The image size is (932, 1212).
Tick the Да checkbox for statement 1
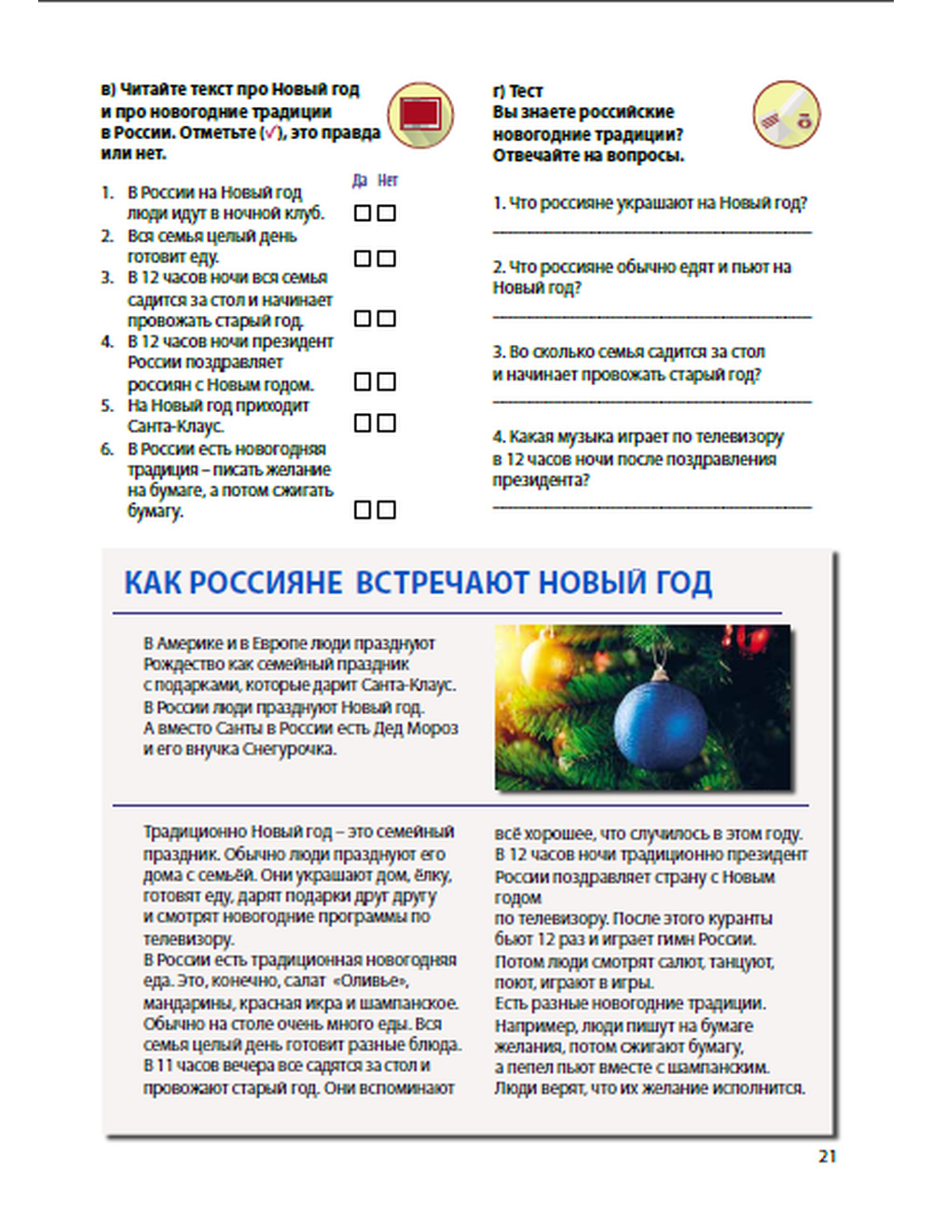pos(363,213)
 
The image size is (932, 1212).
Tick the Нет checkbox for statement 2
pos(387,258)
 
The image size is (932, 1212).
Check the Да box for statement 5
pos(363,423)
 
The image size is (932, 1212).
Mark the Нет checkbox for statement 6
pos(387,510)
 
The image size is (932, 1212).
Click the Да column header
pos(361,181)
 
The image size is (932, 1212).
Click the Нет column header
pos(388,181)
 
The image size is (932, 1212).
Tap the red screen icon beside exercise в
pos(420,116)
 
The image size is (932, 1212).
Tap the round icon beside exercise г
pos(786,115)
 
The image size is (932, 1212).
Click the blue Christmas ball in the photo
pos(661,725)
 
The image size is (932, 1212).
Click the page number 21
pos(827,1157)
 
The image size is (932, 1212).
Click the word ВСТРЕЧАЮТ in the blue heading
pos(443,583)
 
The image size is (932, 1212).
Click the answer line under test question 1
pos(651,231)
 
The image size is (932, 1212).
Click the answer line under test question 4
pos(651,508)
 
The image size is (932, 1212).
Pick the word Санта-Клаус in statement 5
pos(175,427)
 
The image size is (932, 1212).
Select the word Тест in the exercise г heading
pos(526,90)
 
